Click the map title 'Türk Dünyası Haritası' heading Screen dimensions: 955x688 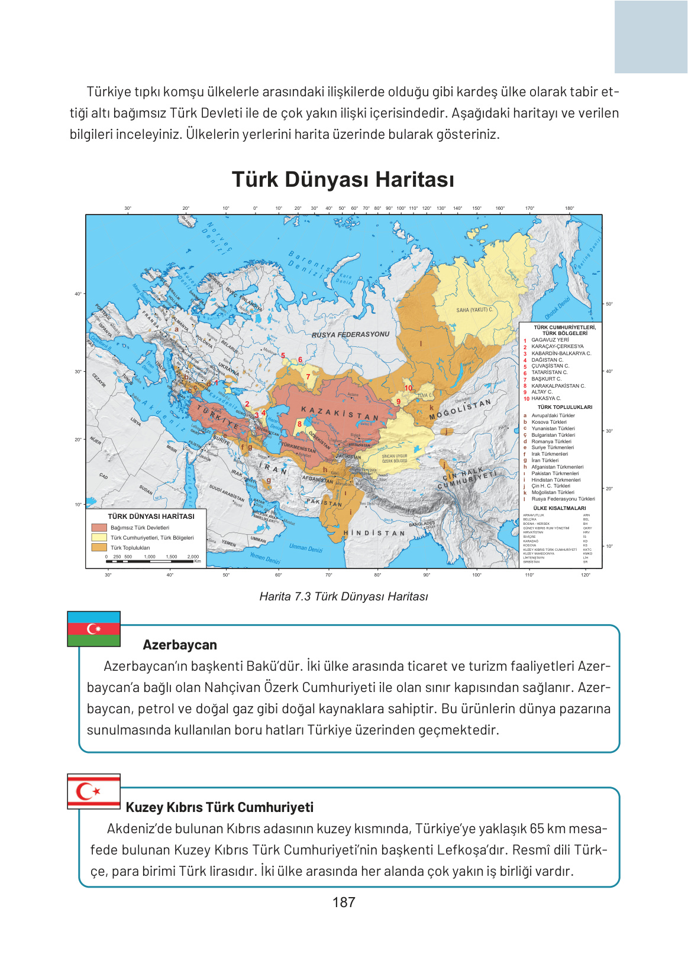tap(343, 180)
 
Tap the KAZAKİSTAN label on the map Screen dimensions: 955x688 tap(340, 413)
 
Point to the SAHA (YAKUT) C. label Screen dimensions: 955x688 tap(474, 310)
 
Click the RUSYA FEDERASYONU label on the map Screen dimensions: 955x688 tap(351, 334)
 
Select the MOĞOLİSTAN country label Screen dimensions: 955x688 tap(460, 409)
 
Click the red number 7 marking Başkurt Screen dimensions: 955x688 tap(308, 376)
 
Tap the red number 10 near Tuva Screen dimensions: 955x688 tap(408, 388)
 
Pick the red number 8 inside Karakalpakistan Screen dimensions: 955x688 tap(300, 424)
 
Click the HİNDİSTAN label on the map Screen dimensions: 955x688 tap(374, 533)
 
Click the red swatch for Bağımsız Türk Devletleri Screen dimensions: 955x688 tap(99, 528)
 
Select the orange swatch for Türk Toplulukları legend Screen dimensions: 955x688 tap(99, 547)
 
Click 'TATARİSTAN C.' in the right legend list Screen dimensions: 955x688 tap(549, 372)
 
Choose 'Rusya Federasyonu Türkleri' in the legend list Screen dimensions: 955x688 tap(563, 499)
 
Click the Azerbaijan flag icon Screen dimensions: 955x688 tap(94, 629)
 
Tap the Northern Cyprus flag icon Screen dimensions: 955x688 tap(94, 791)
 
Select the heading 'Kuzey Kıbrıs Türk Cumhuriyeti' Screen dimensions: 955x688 tap(219, 807)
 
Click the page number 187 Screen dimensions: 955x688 tap(344, 902)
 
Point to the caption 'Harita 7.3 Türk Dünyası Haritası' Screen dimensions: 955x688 tap(344, 596)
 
